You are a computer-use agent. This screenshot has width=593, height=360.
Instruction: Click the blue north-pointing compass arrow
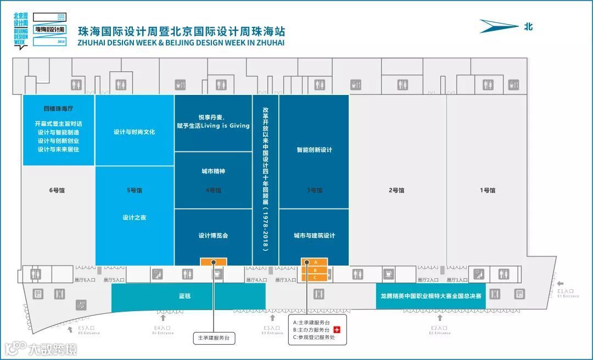[x=499, y=26]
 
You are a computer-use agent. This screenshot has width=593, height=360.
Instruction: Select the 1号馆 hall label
[x=488, y=190]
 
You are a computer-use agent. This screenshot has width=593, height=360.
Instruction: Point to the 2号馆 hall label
[x=396, y=190]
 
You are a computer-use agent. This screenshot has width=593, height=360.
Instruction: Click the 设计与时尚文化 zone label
[x=135, y=132]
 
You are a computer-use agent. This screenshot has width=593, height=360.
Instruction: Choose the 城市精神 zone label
[x=213, y=171]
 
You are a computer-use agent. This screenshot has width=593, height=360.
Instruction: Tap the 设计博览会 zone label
[x=213, y=235]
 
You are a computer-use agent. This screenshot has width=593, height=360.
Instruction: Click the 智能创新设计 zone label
[x=314, y=150]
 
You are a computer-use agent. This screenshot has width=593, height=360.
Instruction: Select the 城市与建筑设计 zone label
[x=314, y=235]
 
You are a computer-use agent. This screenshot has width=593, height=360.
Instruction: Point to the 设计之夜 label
[x=135, y=218]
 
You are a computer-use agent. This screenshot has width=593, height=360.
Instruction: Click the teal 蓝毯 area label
[x=184, y=296]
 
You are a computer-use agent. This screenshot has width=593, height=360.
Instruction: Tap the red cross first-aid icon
[x=338, y=330]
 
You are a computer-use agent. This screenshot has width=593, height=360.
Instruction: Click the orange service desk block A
[x=315, y=262]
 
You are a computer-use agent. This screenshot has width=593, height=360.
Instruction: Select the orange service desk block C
[x=315, y=277]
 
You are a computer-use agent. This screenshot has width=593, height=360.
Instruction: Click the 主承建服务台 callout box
[x=214, y=338]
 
